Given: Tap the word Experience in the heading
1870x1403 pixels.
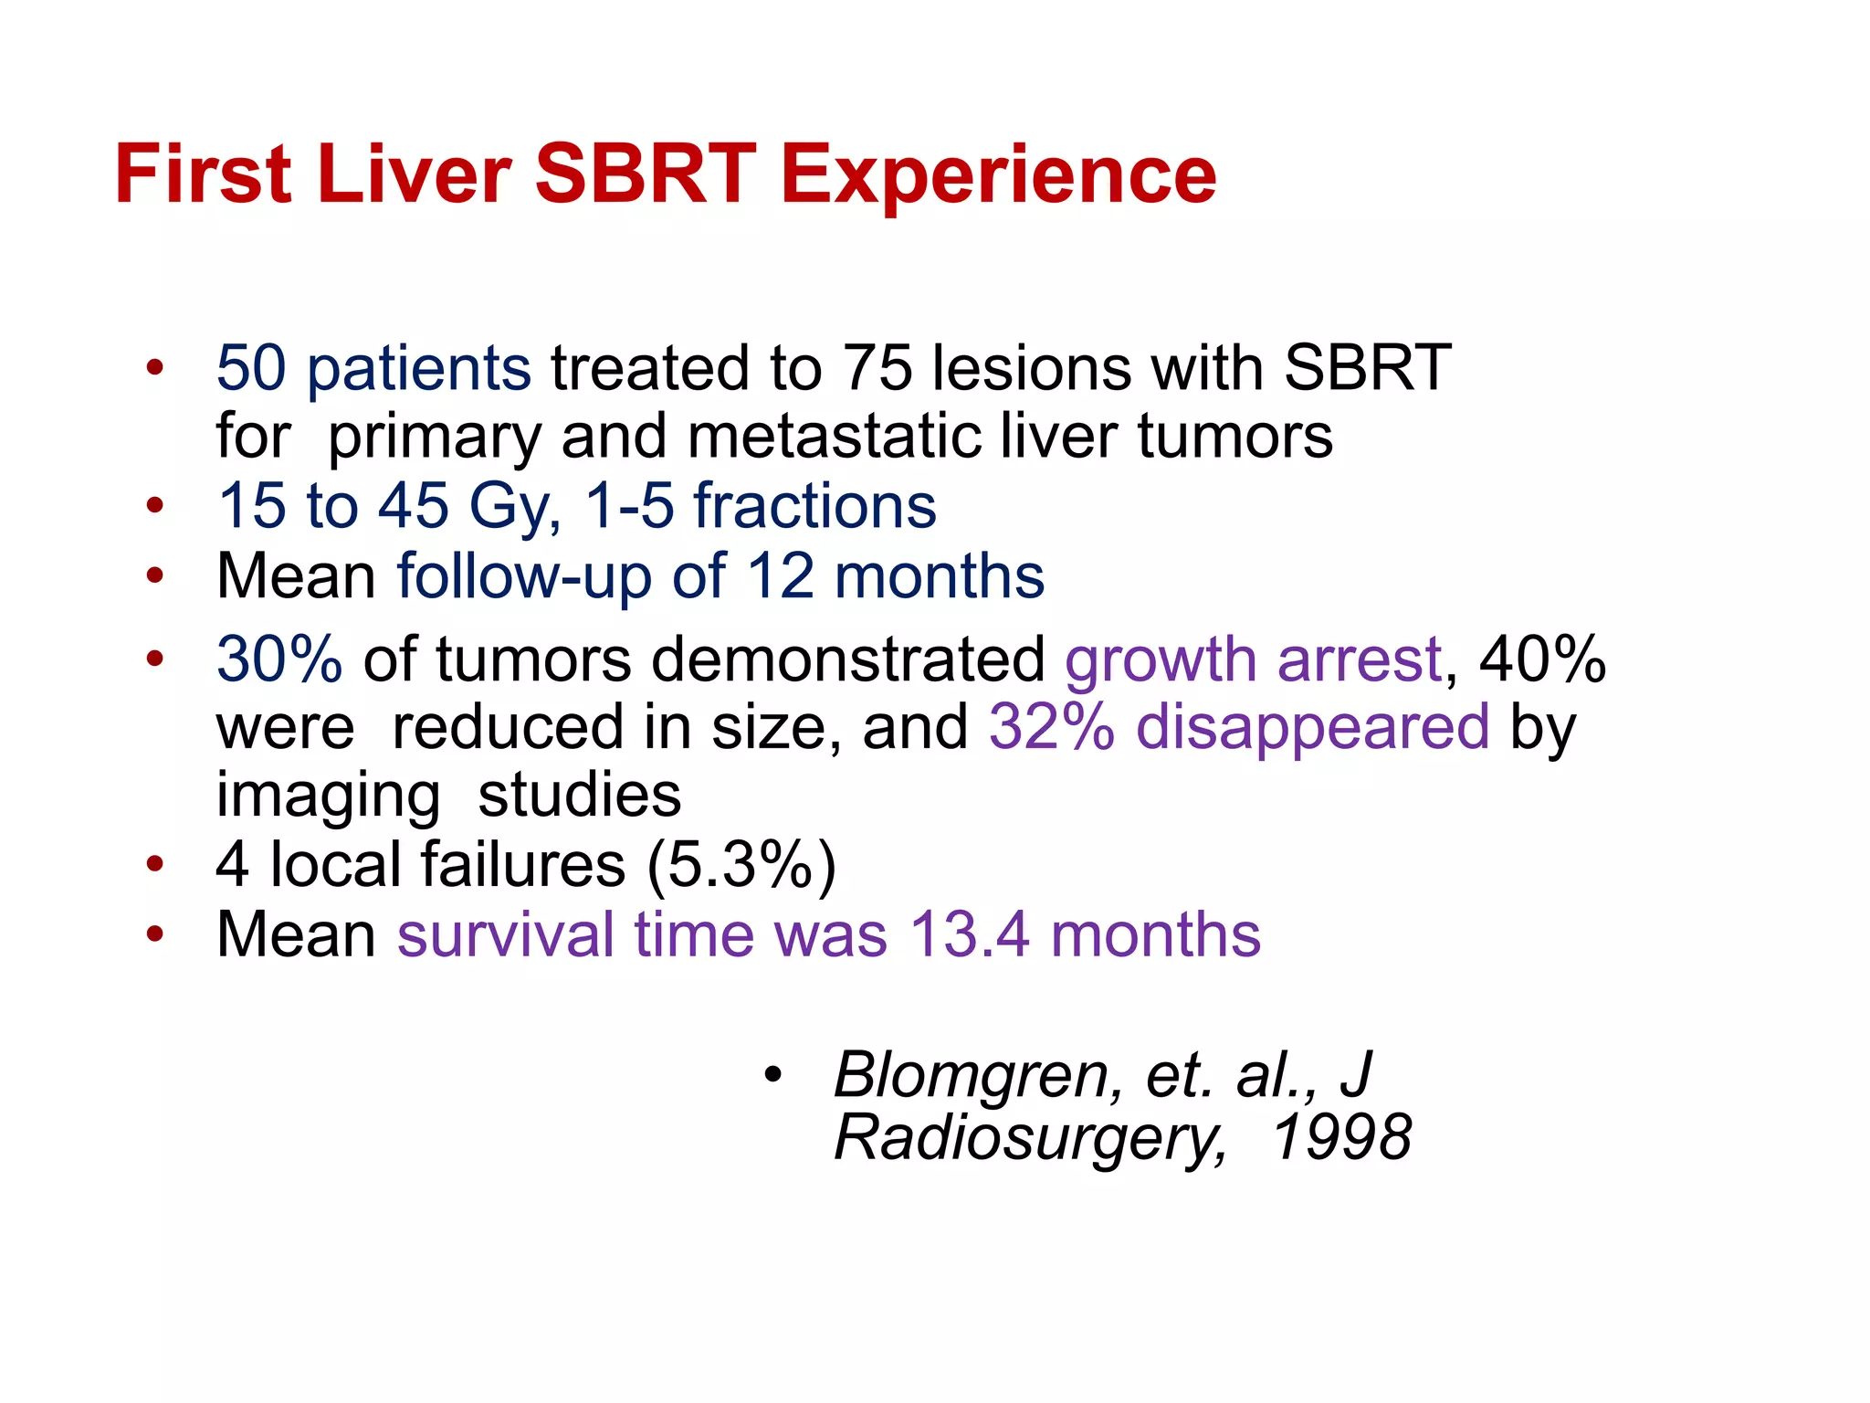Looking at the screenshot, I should click(x=998, y=175).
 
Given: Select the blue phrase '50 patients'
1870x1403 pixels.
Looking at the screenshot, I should click(x=373, y=368).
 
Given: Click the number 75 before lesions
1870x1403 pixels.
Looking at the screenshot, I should click(x=877, y=368).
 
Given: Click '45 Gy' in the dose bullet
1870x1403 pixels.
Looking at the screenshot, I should click(x=467, y=506).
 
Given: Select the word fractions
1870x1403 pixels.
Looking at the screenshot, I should click(x=814, y=506).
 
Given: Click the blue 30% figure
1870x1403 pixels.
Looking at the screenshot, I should click(x=279, y=659).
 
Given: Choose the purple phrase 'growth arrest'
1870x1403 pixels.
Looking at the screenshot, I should click(x=1253, y=659).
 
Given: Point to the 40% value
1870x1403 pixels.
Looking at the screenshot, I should click(x=1542, y=659).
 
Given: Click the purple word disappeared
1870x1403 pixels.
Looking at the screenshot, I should click(x=1312, y=727).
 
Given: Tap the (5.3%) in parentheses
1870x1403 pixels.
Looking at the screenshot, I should click(x=741, y=864).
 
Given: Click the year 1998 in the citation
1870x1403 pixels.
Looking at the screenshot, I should click(x=1342, y=1138).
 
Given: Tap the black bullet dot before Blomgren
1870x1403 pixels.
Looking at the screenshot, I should click(x=773, y=1076).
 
